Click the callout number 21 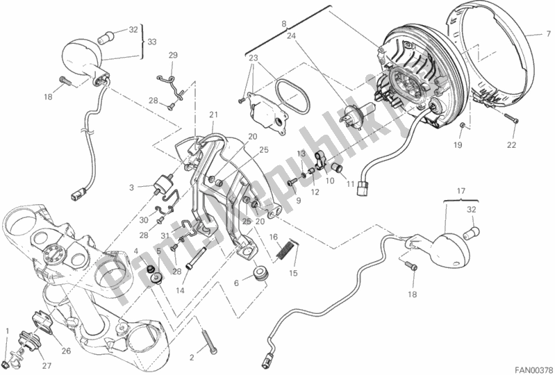tap(214, 115)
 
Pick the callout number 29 tap(173, 55)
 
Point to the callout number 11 tap(351, 184)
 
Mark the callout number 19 tap(458, 144)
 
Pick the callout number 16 tap(273, 238)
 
